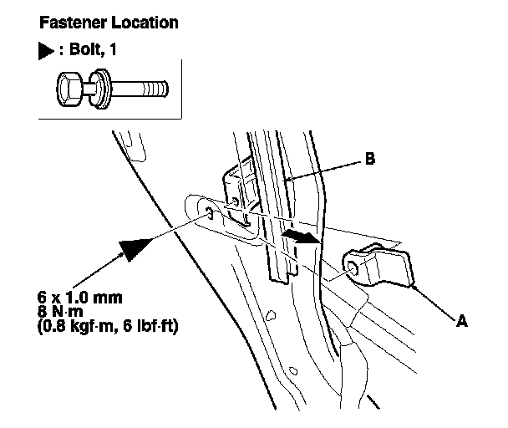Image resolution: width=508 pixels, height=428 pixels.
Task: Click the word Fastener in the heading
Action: click(x=73, y=23)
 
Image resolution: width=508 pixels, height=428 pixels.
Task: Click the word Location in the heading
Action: click(x=145, y=23)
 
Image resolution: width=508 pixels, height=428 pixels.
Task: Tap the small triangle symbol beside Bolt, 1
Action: click(x=46, y=51)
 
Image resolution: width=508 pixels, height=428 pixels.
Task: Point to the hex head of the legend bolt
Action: click(x=69, y=89)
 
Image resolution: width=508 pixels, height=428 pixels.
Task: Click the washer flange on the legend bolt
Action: click(x=99, y=89)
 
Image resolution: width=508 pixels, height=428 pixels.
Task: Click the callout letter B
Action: click(x=370, y=159)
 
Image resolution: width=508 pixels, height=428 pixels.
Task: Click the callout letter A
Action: click(x=462, y=321)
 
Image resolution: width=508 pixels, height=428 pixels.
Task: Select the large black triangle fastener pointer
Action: click(x=135, y=248)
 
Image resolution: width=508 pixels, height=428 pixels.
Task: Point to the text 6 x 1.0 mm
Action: click(x=80, y=298)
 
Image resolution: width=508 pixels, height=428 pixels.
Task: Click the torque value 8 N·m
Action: click(x=60, y=311)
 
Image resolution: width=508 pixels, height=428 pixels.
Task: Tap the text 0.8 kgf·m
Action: click(x=78, y=326)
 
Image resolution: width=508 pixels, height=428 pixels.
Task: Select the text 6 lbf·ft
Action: click(x=150, y=326)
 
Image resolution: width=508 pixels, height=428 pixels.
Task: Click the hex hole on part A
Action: click(x=352, y=267)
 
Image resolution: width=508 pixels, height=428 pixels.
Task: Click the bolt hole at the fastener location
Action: click(x=209, y=213)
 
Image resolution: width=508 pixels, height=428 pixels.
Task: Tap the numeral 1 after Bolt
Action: click(x=113, y=49)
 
